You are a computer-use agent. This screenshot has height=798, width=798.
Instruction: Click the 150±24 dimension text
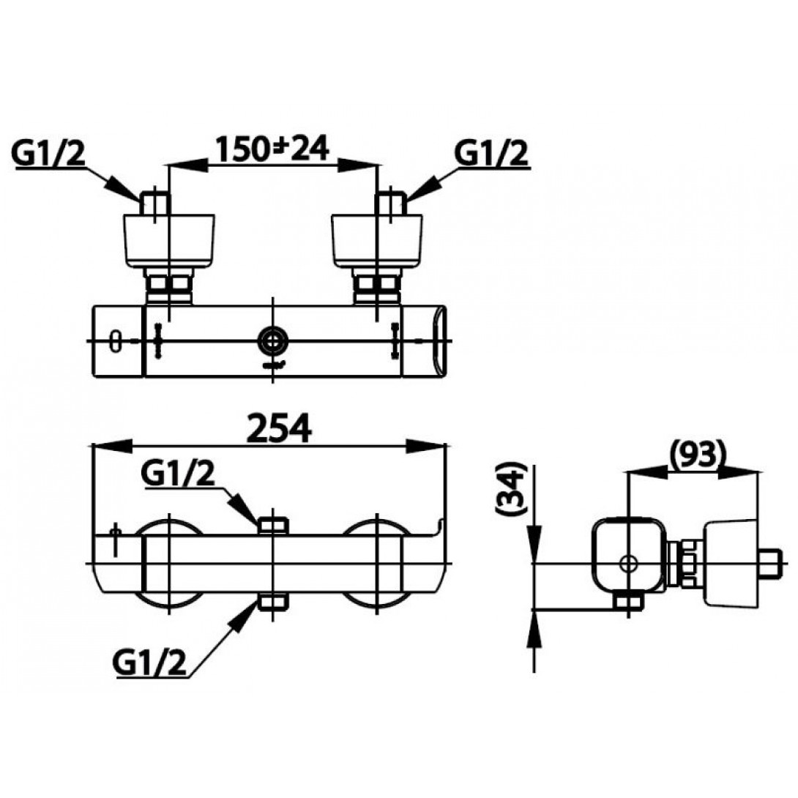pyautogui.click(x=271, y=150)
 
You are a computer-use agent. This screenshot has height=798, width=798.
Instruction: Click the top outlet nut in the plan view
pyautogui.click(x=273, y=525)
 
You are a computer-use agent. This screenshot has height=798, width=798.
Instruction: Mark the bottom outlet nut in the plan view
pyautogui.click(x=273, y=602)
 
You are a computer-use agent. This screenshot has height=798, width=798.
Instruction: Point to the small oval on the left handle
pyautogui.click(x=114, y=341)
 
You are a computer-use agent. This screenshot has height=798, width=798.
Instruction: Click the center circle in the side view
pyautogui.click(x=627, y=563)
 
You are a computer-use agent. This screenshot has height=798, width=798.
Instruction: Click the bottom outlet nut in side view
pyautogui.click(x=627, y=602)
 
